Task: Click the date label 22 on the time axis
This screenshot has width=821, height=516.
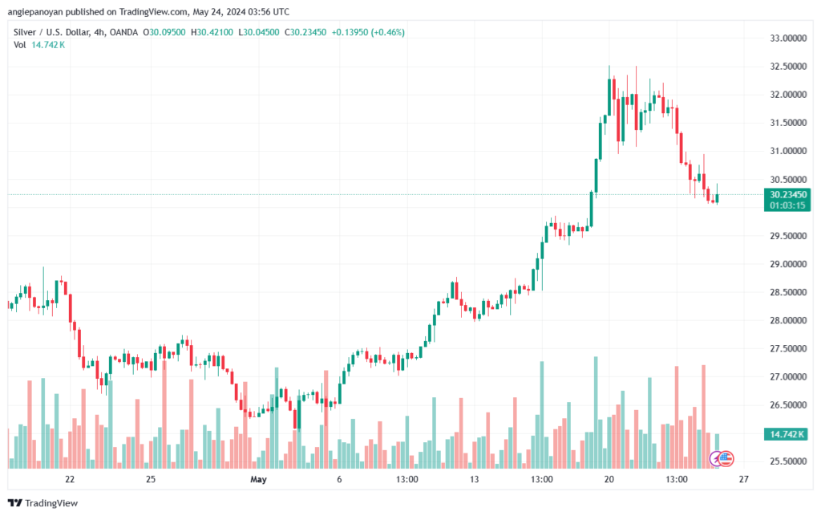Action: click(x=70, y=479)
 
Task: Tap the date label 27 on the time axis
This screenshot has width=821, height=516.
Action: click(x=743, y=479)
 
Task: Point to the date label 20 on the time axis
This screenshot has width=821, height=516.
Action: click(x=609, y=479)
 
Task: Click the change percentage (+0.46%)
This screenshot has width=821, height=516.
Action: click(x=386, y=32)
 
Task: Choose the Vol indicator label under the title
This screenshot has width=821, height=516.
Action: click(x=20, y=45)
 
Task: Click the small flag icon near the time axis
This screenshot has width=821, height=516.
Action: click(x=726, y=459)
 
